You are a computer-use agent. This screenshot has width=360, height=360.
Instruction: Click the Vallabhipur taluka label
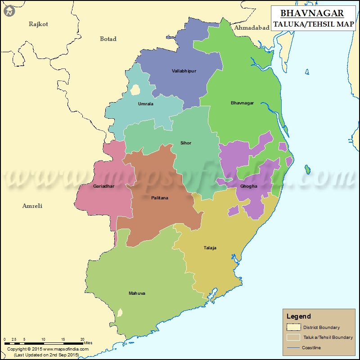pos(184,71)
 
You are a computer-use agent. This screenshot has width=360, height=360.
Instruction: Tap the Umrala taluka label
pos(145,104)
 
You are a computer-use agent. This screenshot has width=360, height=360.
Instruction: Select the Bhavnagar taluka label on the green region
pos(242,103)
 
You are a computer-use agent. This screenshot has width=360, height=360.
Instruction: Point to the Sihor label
pos(186,143)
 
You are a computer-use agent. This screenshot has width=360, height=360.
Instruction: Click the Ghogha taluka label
pos(249,186)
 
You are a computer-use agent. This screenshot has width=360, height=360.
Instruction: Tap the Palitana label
pos(160,198)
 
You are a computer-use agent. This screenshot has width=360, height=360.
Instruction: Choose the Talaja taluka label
pos(210,248)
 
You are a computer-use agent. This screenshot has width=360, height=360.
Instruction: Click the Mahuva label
pos(137,293)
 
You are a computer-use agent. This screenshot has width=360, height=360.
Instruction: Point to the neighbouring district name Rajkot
pos(38,24)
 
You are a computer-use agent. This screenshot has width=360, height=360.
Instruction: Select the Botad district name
pos(108,39)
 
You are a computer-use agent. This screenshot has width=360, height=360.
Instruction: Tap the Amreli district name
pos(32,206)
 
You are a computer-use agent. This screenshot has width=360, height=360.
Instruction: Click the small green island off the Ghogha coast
pos(307,169)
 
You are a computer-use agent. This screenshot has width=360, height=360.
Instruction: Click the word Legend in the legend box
pos(299,316)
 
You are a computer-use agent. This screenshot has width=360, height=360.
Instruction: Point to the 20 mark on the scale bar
pos(82,339)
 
